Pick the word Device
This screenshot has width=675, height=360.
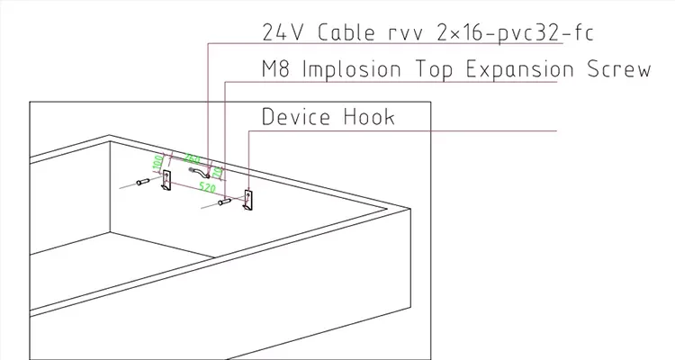tap(297, 117)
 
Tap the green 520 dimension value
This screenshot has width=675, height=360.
tap(206, 190)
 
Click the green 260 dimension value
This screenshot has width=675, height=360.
tap(191, 158)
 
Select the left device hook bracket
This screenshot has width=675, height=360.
tap(166, 183)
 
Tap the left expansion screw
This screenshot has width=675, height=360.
tap(142, 183)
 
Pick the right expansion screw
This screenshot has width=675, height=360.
tap(224, 204)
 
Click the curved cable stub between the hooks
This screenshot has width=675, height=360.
tap(197, 169)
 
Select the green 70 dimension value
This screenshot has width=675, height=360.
tap(217, 171)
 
